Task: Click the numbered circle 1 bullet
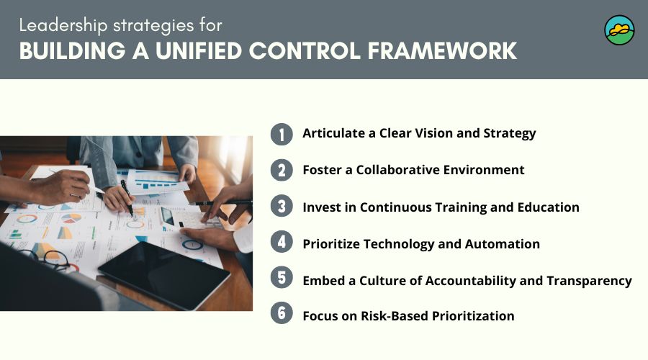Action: (x=282, y=134)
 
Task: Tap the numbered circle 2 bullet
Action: (x=282, y=171)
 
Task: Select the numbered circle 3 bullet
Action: (x=282, y=207)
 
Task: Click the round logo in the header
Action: (x=619, y=30)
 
